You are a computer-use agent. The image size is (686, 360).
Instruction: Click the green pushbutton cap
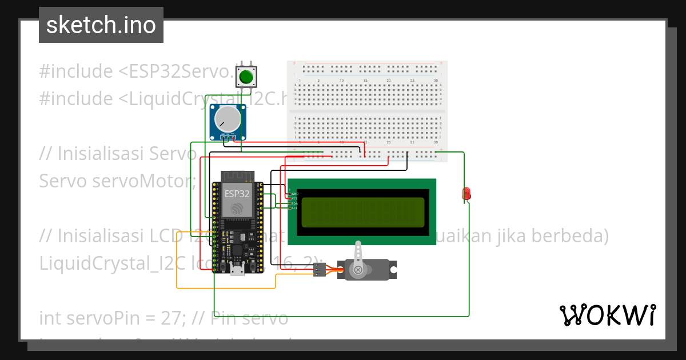click(x=246, y=77)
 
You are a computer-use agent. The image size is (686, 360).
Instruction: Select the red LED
click(x=466, y=193)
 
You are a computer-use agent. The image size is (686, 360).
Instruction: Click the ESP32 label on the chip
click(x=237, y=193)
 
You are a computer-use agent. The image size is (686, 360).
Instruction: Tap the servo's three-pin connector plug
click(x=320, y=270)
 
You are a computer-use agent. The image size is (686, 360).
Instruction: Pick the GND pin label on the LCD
click(x=295, y=194)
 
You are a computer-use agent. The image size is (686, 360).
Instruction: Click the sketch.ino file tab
click(x=101, y=25)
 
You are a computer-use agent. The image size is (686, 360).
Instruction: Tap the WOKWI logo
click(x=607, y=315)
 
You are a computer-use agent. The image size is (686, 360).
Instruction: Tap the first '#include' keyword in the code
click(x=76, y=71)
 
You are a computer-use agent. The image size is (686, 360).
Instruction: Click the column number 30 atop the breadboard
click(x=436, y=81)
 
